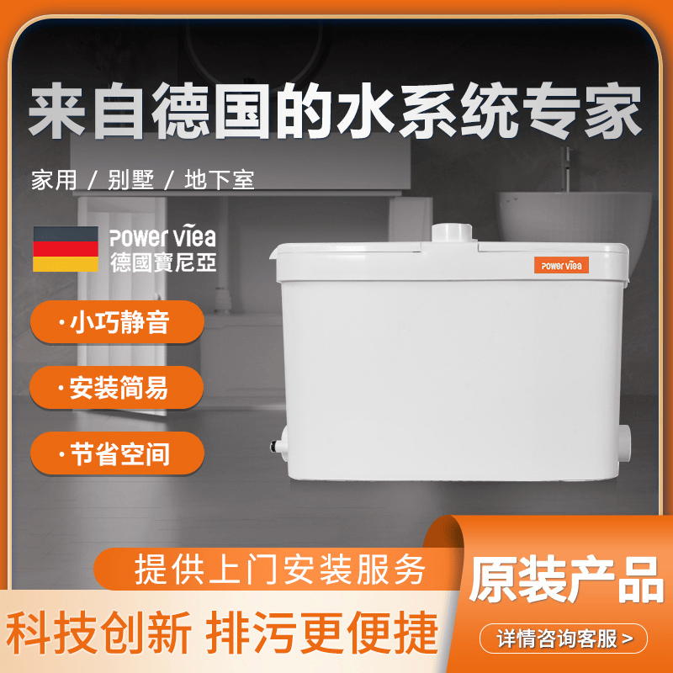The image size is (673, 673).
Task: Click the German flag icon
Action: [x=66, y=249]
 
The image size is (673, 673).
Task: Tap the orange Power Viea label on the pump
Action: [x=561, y=265]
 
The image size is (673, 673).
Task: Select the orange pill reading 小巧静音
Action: [x=117, y=322]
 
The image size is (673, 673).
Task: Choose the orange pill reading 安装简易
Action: [x=117, y=388]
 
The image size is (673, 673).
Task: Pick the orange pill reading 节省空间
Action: [x=117, y=453]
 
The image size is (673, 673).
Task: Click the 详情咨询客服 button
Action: [x=563, y=639]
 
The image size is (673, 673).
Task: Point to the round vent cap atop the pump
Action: [x=452, y=233]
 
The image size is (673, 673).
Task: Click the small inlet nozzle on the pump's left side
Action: [x=279, y=447]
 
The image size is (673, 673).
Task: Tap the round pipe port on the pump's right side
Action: [x=625, y=448]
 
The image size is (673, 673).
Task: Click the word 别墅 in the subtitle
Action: [x=130, y=180]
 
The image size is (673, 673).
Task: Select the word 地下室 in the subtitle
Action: [x=220, y=180]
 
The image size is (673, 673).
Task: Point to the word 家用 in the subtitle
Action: [x=54, y=180]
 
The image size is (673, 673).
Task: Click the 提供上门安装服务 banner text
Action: [x=280, y=570]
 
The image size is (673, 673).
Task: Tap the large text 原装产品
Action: [x=565, y=580]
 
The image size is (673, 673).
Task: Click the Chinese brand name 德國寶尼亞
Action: [x=163, y=262]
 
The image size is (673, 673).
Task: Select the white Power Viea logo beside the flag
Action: [x=162, y=237]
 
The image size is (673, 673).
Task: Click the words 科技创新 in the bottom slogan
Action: [x=98, y=633]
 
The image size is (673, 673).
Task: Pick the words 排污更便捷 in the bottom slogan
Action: [x=322, y=633]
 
